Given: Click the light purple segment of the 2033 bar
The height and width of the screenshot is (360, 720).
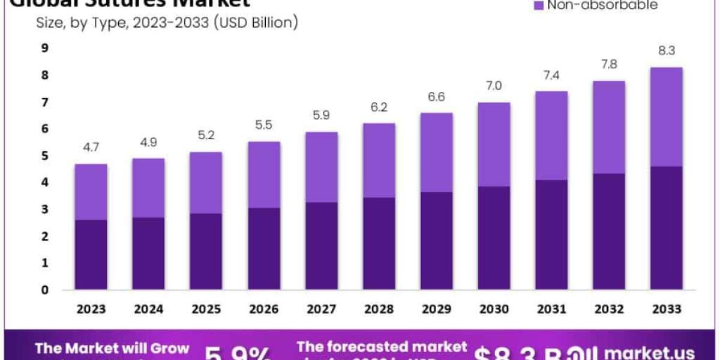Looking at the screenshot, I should click(665, 117).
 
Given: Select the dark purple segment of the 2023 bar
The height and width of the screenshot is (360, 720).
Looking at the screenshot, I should click(91, 254).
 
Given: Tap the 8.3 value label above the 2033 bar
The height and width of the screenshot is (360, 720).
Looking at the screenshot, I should click(665, 51).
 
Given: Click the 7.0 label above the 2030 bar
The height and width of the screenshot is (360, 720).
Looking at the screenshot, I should click(493, 86).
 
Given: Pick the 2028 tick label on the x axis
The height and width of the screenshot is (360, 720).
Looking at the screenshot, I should click(379, 309).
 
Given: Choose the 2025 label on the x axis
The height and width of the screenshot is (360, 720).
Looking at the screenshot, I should click(206, 309).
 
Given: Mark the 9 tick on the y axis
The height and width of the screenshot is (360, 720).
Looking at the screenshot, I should click(44, 49).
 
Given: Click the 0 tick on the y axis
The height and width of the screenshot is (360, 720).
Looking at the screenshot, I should click(44, 290).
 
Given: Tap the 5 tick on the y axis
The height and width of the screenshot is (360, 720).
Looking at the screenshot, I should click(44, 156).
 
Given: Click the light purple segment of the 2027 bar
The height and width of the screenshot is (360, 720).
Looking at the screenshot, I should click(321, 167).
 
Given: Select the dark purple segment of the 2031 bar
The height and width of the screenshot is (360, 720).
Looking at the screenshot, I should click(551, 235).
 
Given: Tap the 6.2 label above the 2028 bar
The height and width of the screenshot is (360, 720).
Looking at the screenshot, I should click(379, 107).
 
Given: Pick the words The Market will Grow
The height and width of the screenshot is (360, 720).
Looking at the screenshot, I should click(112, 349).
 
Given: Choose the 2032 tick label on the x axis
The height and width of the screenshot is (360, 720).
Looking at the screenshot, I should click(608, 309).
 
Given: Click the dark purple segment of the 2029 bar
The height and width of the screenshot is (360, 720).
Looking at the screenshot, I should click(436, 241).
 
